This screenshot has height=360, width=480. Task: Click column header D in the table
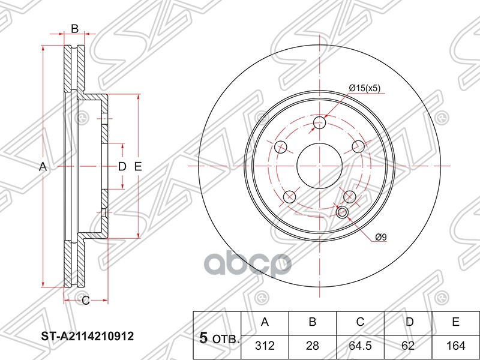pos(408,323)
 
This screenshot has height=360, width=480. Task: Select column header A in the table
pos(264,323)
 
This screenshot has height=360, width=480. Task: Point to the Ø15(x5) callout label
pos(364,88)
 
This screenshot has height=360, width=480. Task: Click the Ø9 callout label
pos(380,238)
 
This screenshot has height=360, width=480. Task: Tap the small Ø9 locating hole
pos(343,212)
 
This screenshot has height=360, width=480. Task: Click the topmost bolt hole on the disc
pos(319,123)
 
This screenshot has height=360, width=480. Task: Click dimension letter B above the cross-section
pos(75,28)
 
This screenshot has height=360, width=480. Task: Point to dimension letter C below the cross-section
pos(85,300)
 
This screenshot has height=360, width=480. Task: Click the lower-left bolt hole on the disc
pos(289,196)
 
